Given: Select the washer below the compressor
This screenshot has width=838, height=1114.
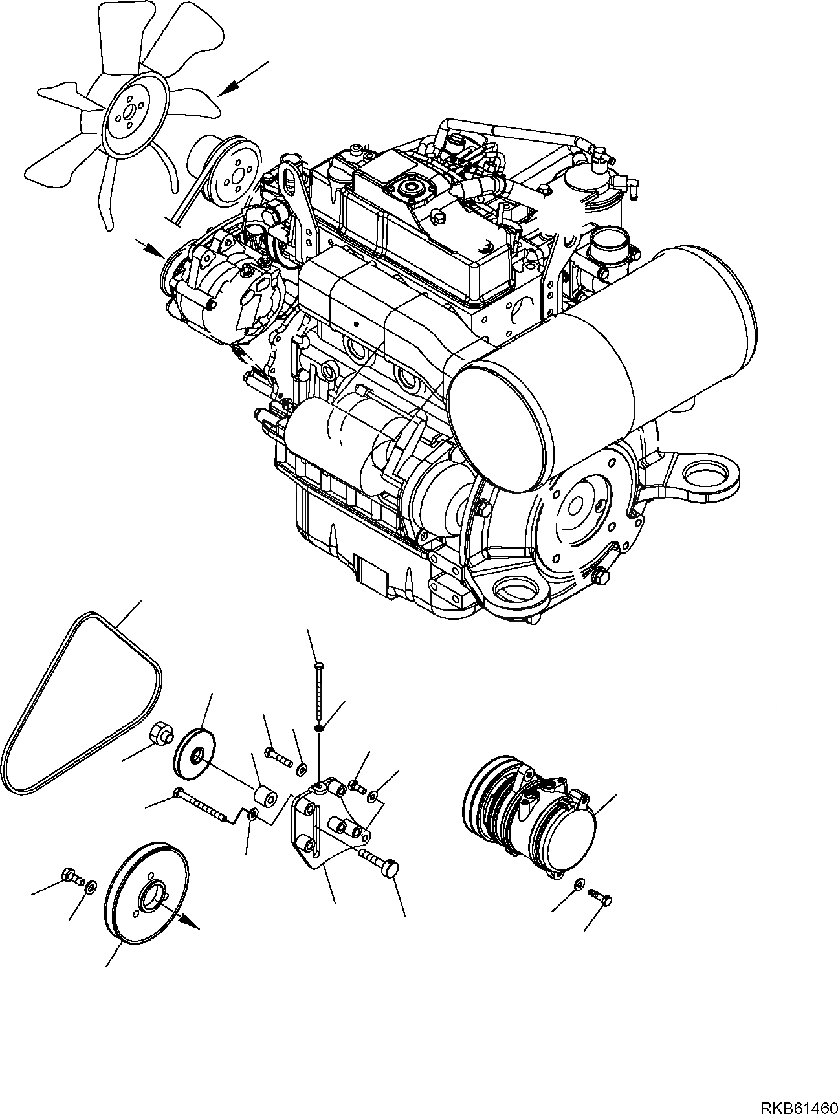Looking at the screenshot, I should (579, 884).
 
